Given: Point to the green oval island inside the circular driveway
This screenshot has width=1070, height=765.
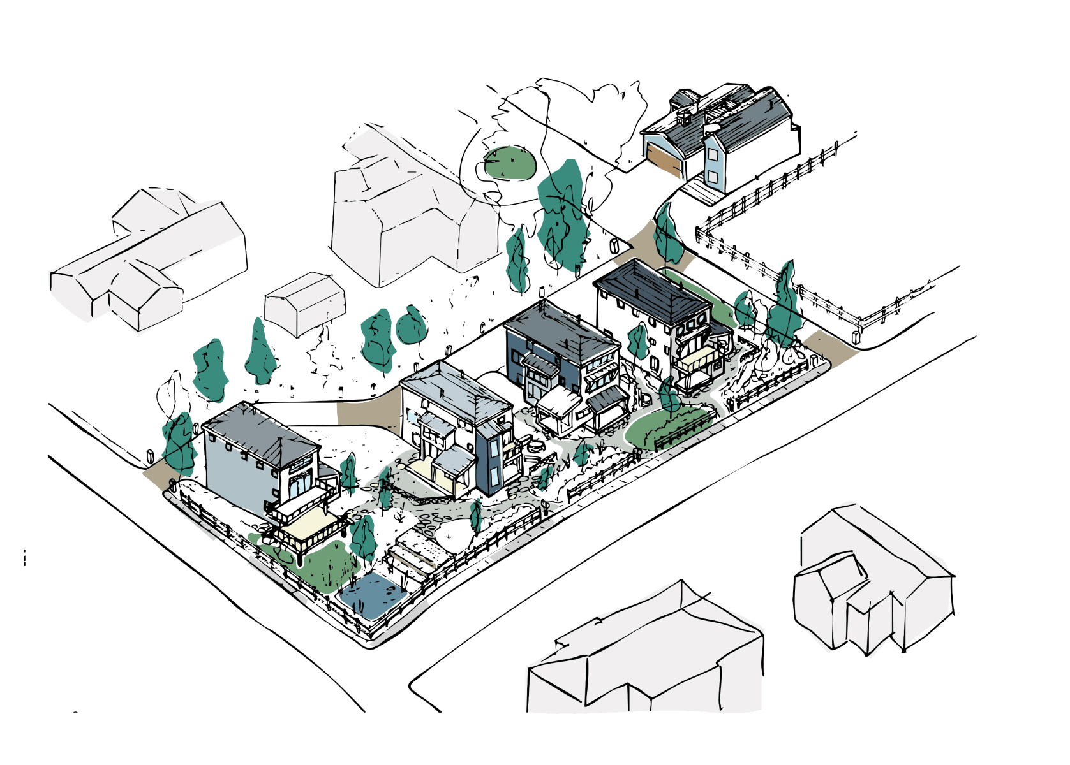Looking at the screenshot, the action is pos(509,161).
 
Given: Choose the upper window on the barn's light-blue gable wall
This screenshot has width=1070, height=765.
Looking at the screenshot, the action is pos(712,153).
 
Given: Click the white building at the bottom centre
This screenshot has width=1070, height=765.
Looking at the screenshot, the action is pos(644,657).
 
